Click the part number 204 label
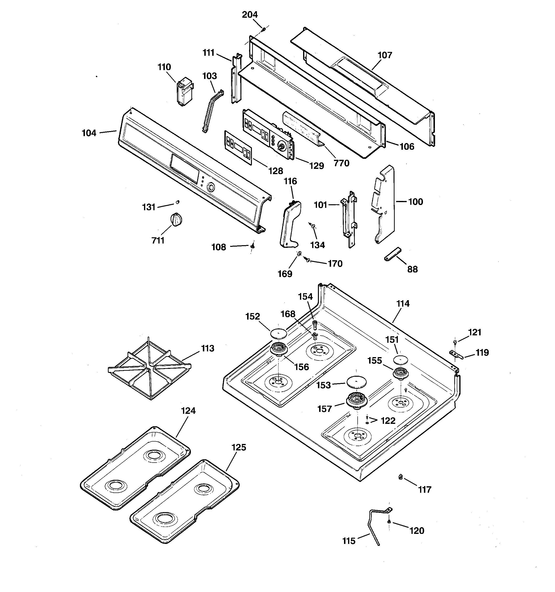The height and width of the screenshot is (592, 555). point(250,15)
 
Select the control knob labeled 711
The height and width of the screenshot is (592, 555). point(176,220)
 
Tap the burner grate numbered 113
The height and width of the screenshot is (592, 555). point(149,368)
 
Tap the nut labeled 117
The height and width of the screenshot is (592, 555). point(401,477)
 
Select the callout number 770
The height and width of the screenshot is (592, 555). point(341,163)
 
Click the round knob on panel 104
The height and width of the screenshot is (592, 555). point(211,187)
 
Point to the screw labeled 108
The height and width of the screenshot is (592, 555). point(253,246)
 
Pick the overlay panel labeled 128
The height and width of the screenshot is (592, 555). point(238,147)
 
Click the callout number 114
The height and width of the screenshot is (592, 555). point(403,304)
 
